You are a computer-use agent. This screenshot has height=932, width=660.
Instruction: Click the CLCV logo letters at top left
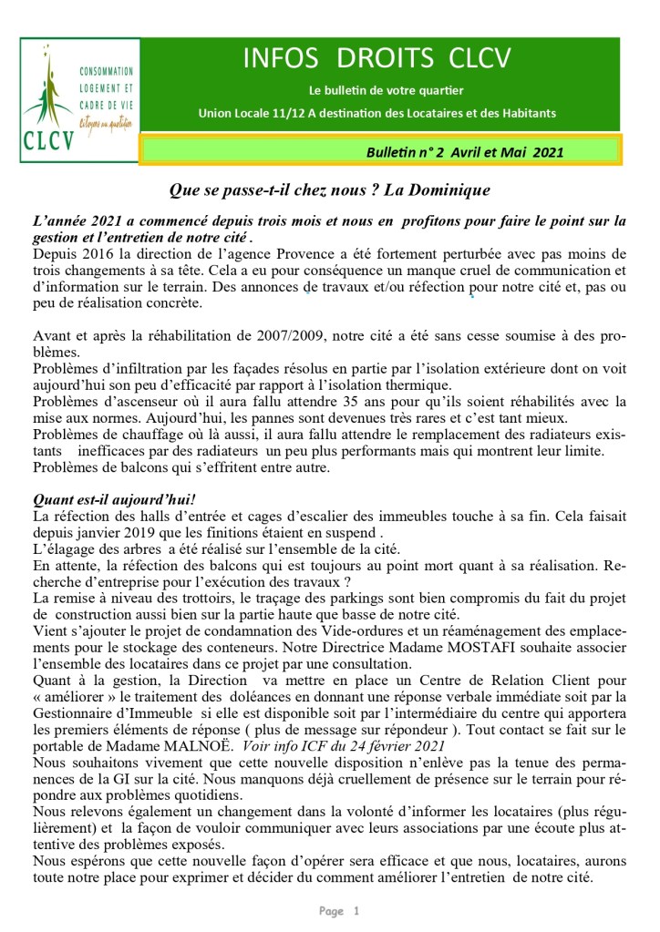46,141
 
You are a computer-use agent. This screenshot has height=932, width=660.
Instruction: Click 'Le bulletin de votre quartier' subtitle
386,90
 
